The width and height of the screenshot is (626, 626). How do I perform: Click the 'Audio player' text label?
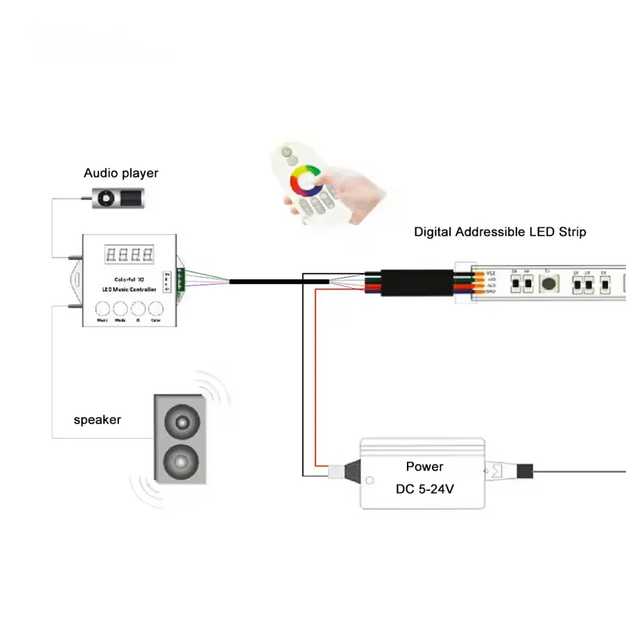pyautogui.click(x=121, y=173)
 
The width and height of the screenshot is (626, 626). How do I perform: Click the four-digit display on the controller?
pyautogui.click(x=129, y=255)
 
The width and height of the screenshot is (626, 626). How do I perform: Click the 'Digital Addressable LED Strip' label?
pyautogui.click(x=500, y=232)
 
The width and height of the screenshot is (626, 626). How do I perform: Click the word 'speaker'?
pyautogui.click(x=98, y=419)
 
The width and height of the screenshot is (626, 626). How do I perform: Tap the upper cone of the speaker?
pyautogui.click(x=182, y=423)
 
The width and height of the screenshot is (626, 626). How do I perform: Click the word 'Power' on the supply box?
pyautogui.click(x=424, y=466)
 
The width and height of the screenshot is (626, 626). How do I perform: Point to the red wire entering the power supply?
pyautogui.click(x=315, y=376)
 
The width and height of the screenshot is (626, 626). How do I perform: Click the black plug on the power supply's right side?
pyautogui.click(x=524, y=471)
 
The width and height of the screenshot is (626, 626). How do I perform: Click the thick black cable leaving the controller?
pyautogui.click(x=266, y=280)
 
